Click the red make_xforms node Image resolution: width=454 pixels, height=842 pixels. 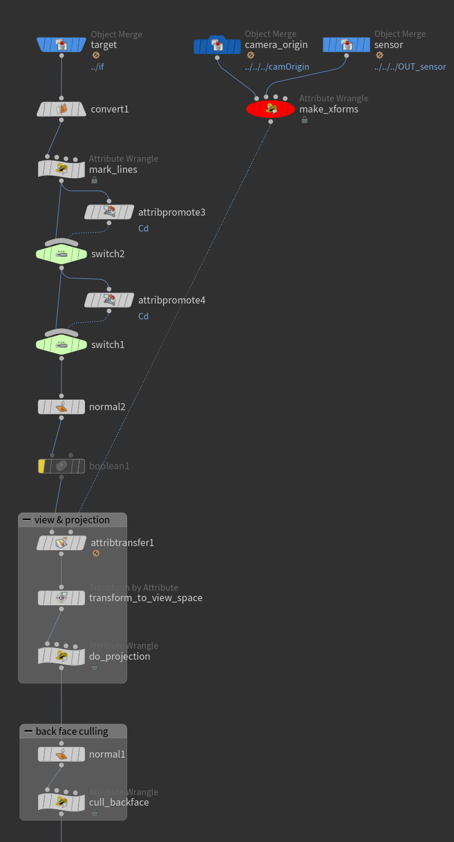[271, 108]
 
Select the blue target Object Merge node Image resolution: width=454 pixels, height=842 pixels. [62, 45]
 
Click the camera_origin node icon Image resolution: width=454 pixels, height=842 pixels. [217, 45]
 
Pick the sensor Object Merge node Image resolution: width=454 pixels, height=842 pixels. [346, 45]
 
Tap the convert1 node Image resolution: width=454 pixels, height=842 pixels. [62, 109]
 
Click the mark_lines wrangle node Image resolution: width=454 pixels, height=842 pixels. [62, 169]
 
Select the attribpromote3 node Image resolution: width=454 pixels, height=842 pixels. [110, 212]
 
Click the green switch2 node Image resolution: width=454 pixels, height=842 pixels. [62, 254]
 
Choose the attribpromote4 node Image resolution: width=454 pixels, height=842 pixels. [110, 301]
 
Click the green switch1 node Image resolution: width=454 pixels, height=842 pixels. [62, 345]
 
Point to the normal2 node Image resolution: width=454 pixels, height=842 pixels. [62, 407]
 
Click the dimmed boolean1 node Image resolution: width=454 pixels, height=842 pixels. [62, 466]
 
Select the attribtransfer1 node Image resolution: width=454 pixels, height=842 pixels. [62, 543]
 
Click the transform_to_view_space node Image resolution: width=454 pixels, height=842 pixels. [62, 598]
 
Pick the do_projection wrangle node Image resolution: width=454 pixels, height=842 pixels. [62, 656]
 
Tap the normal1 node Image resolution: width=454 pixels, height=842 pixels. [62, 754]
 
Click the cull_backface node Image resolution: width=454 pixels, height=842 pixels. [62, 802]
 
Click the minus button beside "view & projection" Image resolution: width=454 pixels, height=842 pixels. [26, 520]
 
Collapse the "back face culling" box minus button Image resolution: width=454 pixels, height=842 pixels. [28, 731]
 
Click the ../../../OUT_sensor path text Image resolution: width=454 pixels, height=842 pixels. [410, 67]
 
